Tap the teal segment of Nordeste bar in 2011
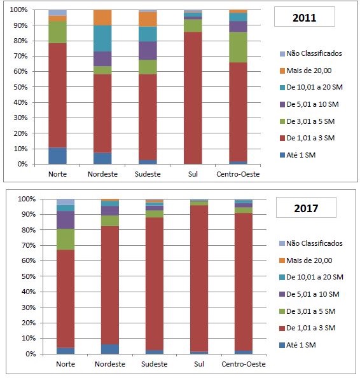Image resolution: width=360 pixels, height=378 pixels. tap(102, 38)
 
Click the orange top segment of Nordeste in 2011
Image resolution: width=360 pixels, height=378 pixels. tap(102, 17)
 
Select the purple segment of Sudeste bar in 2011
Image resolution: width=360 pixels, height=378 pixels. tap(148, 51)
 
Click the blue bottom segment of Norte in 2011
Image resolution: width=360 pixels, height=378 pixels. tap(57, 156)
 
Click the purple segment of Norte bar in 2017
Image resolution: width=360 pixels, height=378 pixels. tap(65, 220)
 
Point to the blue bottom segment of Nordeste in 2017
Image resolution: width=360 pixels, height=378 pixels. tap(109, 349)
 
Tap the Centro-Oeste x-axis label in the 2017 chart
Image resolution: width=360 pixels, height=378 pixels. tap(244, 365)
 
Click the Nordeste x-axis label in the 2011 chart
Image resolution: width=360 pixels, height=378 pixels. tap(102, 173)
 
